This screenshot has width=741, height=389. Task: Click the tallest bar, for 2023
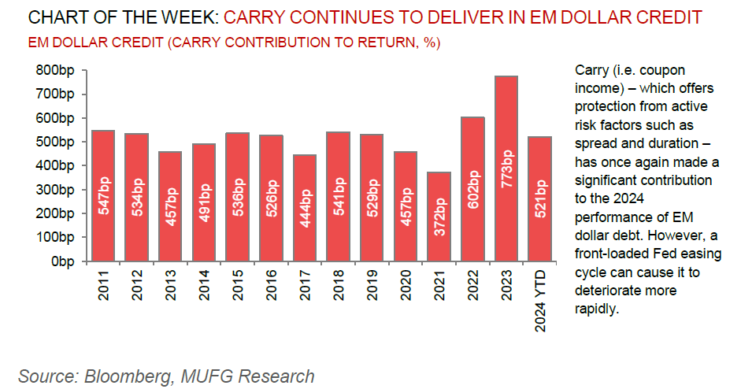coord(506,169)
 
